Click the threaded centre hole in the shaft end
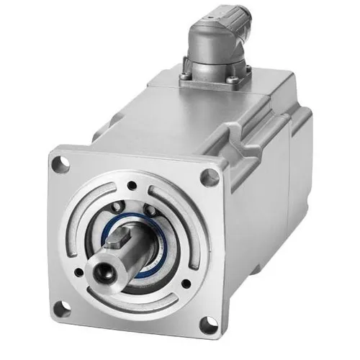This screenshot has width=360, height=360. pyautogui.click(x=101, y=272)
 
